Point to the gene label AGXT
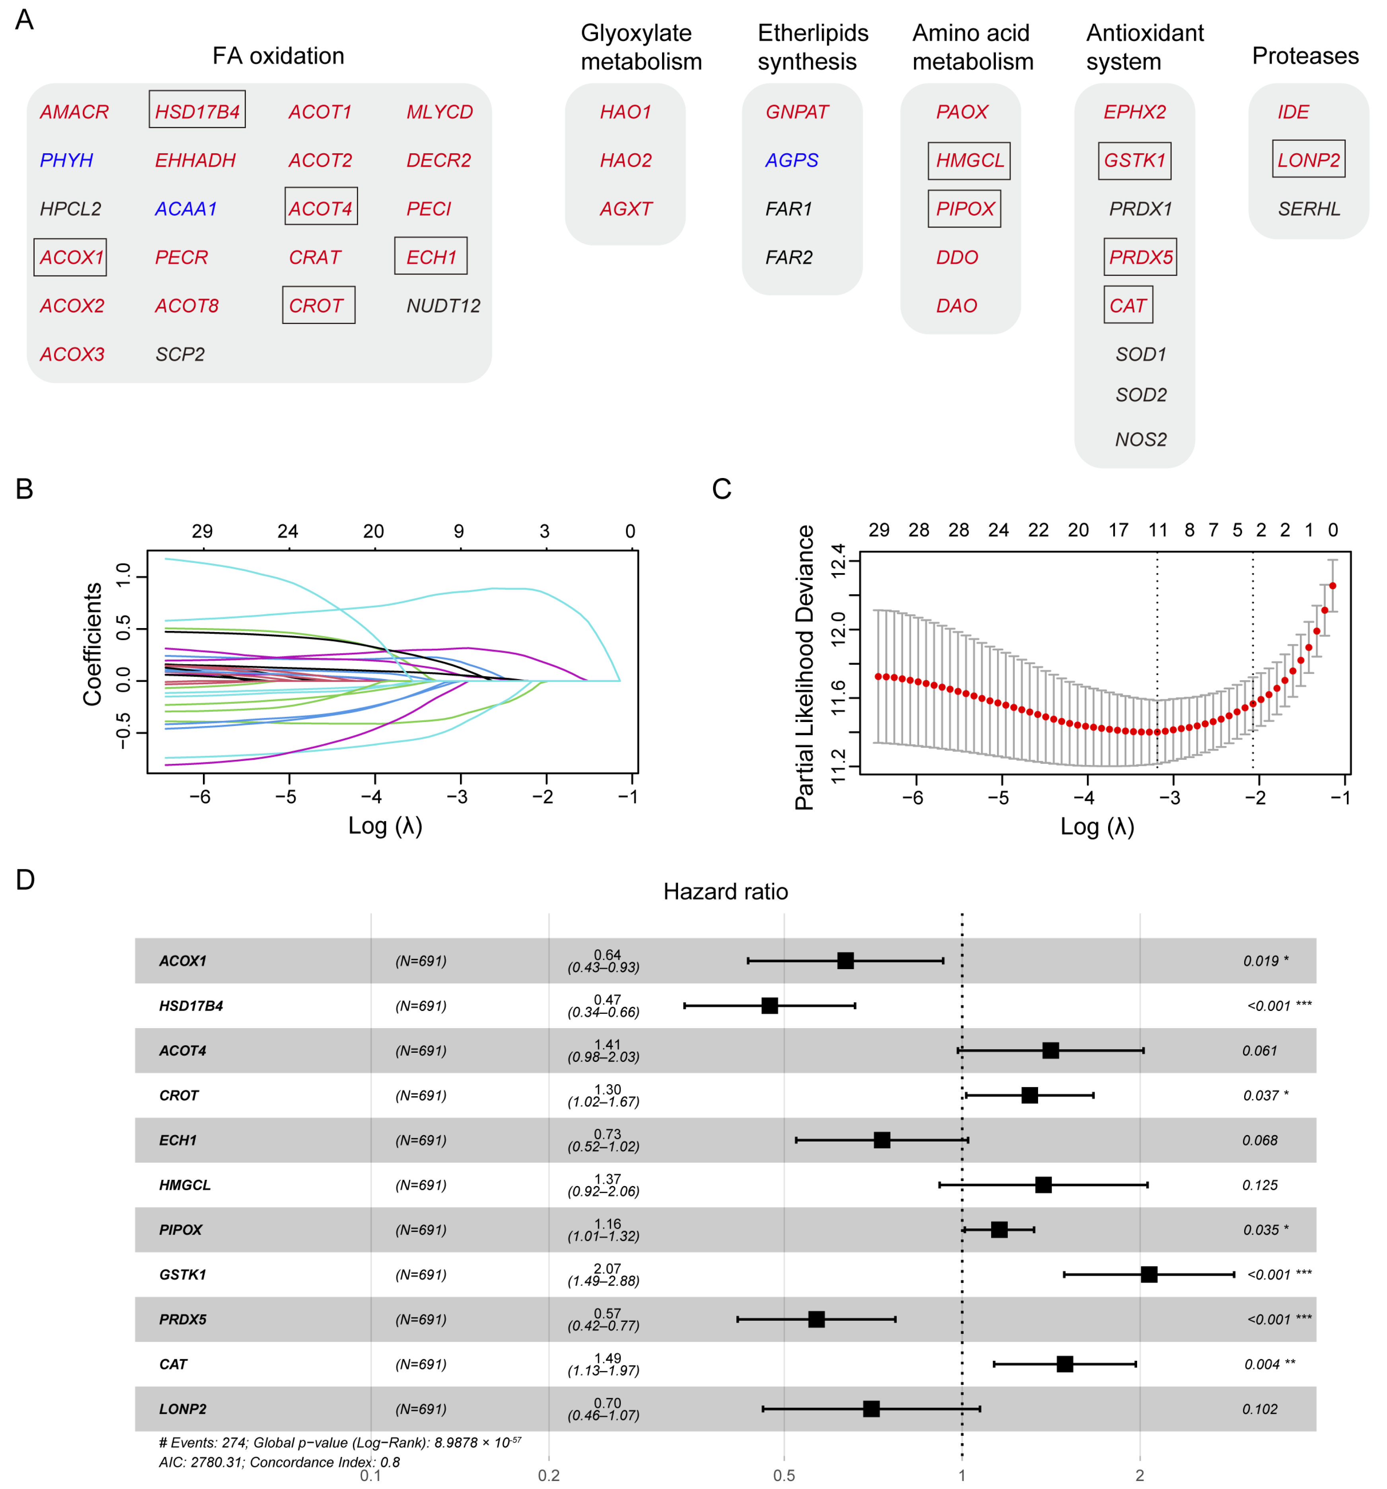(x=625, y=209)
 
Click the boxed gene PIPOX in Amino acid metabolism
(x=964, y=209)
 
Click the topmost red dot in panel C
(x=1332, y=586)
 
